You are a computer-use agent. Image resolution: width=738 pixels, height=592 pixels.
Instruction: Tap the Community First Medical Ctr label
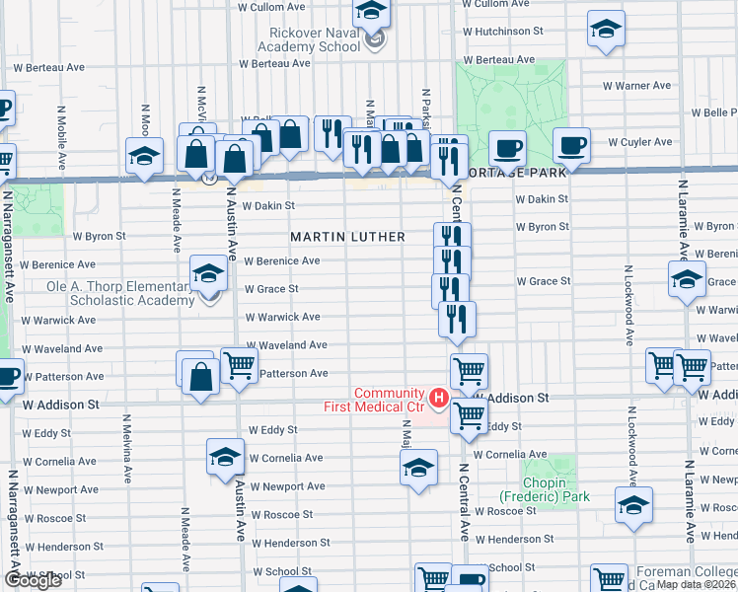(374, 400)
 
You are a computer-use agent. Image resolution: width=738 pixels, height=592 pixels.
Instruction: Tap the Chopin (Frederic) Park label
(545, 489)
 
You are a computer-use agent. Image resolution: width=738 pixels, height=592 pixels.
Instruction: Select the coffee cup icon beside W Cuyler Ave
(571, 146)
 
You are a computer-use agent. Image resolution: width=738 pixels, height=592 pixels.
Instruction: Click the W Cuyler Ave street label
(639, 142)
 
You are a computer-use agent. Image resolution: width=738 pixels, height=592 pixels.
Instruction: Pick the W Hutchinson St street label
(502, 32)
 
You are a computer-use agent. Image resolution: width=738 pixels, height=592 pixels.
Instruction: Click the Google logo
(32, 580)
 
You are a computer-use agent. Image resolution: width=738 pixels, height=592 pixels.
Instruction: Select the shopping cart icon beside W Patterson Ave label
(240, 364)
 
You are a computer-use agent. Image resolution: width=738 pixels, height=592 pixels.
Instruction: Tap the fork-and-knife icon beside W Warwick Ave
(457, 318)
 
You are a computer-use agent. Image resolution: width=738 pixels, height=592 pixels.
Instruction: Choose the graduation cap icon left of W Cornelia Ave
(225, 457)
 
